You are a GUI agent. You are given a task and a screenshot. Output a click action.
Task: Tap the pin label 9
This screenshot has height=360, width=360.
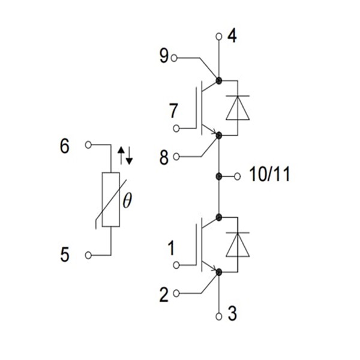(x=164, y=58)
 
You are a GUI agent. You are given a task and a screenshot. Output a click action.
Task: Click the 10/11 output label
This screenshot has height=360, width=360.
(x=269, y=176)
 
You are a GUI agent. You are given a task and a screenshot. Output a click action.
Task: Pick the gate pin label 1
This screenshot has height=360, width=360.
(x=172, y=247)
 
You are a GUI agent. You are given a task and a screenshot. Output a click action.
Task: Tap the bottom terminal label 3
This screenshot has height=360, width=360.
(x=233, y=314)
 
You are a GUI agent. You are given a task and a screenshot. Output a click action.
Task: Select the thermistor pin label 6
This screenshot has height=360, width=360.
(x=64, y=146)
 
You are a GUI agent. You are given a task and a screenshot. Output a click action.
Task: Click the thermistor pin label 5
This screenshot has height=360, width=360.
(x=64, y=255)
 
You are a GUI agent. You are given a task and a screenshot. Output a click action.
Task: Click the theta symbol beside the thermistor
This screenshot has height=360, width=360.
(x=127, y=201)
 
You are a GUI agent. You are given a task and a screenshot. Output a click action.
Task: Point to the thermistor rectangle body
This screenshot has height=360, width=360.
(x=110, y=200)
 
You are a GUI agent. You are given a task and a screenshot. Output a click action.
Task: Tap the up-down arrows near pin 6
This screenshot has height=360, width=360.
(x=125, y=156)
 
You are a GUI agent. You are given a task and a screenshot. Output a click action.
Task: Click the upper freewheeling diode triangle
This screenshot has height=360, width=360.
(x=238, y=109)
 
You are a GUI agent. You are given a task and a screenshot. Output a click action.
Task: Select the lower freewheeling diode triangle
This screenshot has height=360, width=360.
(x=238, y=245)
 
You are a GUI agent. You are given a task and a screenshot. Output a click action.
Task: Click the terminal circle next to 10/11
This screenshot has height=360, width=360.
(x=238, y=176)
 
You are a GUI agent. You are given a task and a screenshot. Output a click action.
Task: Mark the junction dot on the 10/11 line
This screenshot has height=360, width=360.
(x=219, y=176)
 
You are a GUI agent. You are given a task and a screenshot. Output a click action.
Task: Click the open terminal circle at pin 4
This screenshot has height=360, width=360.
(x=219, y=37)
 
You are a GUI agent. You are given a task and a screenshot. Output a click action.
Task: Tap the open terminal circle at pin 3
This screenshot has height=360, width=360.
(x=219, y=314)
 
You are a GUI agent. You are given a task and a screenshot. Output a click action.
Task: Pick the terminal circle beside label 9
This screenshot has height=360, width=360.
(x=175, y=58)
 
